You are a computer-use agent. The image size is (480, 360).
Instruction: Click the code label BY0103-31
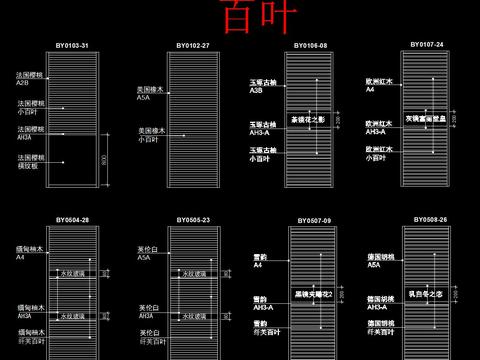(x=72, y=47)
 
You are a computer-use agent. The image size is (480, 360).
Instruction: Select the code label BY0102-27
(x=193, y=46)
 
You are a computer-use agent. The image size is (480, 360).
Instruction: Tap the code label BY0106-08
(x=311, y=46)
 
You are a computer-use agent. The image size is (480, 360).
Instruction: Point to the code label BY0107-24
(x=427, y=45)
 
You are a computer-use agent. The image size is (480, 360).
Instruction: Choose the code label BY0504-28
(x=72, y=219)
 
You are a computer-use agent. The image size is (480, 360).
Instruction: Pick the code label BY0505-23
(x=193, y=219)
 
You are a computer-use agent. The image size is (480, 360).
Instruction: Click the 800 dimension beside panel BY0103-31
(x=105, y=160)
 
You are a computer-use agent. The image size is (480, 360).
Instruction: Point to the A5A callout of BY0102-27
(x=143, y=98)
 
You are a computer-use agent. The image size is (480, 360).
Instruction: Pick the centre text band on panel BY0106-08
(x=309, y=120)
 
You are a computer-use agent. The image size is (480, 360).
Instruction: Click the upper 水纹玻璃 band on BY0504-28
(x=72, y=272)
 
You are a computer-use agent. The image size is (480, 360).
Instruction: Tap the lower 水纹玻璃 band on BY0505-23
(x=193, y=316)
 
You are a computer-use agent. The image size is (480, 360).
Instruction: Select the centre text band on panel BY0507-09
(x=312, y=294)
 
